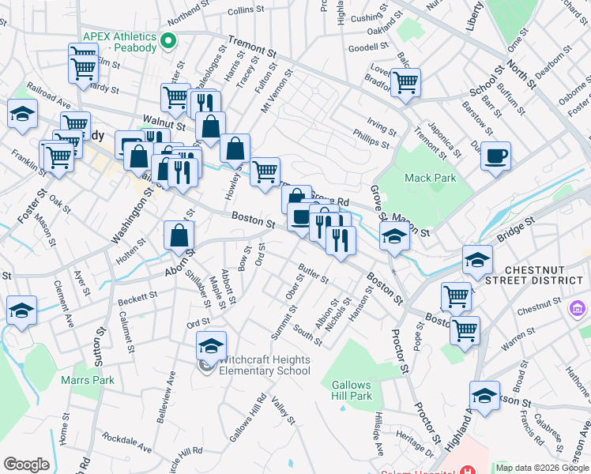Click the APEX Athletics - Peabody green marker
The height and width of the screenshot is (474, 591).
coord(168,40)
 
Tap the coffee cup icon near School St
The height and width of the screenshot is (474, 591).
coord(495,155)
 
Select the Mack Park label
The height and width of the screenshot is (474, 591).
coord(430,178)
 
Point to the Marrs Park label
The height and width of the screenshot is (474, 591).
coord(88,380)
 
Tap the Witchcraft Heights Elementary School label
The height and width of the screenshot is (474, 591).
coord(263,365)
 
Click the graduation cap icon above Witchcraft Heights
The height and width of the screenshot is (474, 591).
coord(211,344)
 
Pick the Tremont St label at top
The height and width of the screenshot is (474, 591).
coord(252,47)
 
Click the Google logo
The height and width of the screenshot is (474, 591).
coord(26,465)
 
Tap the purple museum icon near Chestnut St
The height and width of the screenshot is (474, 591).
coord(578,308)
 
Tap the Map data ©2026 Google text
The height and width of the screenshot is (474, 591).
coord(542,468)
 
